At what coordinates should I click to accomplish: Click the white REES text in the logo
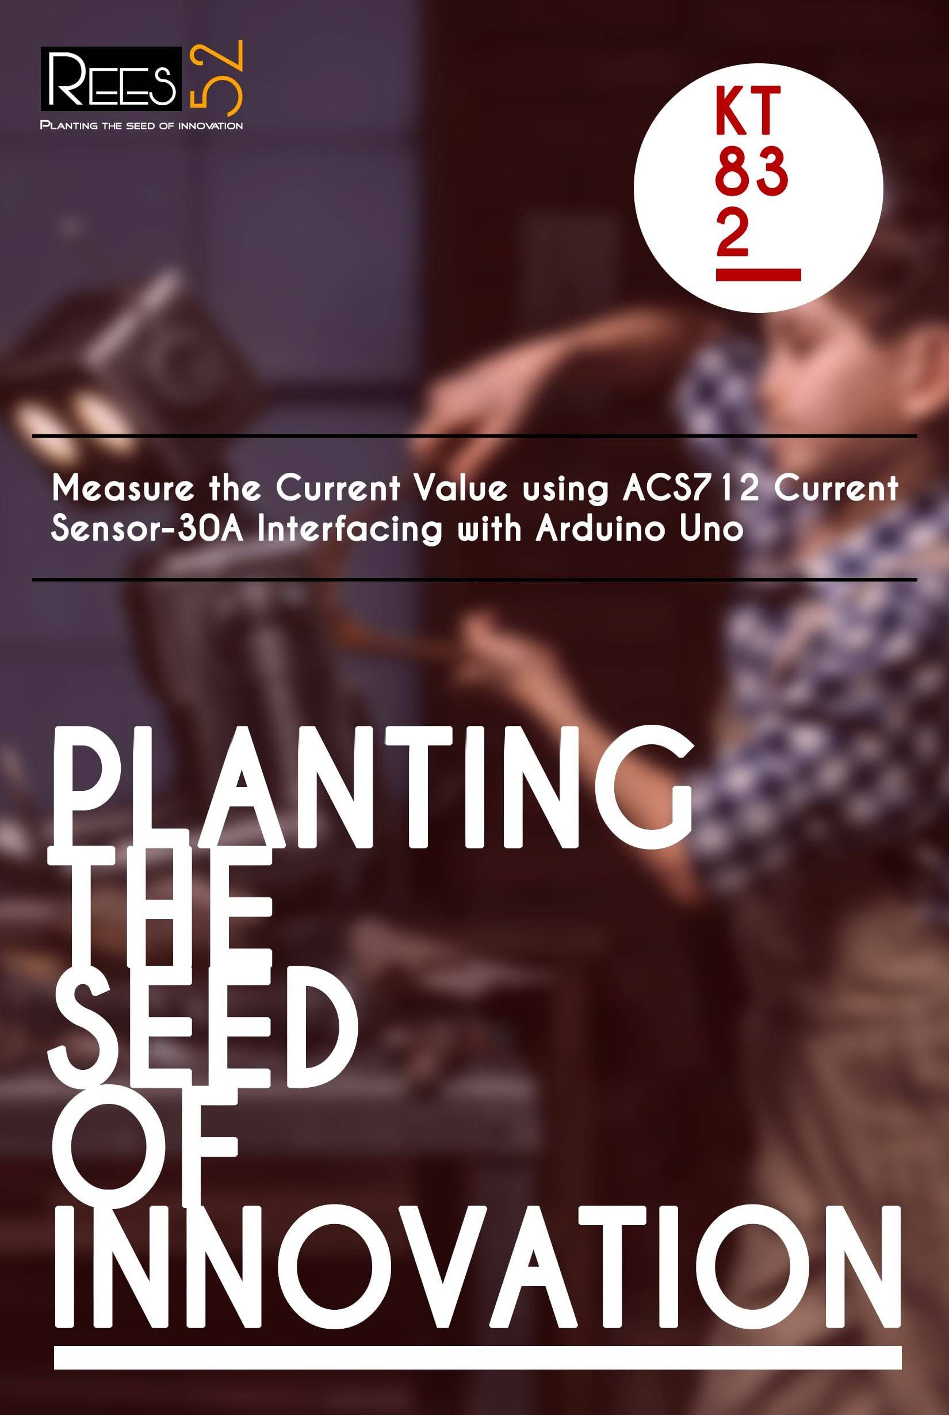pyautogui.click(x=112, y=79)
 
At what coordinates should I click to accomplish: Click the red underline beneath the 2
pyautogui.click(x=759, y=275)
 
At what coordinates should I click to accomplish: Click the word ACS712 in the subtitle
pyautogui.click(x=690, y=488)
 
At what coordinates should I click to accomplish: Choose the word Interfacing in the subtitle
pyautogui.click(x=348, y=530)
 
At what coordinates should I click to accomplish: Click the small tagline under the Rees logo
pyautogui.click(x=141, y=125)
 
